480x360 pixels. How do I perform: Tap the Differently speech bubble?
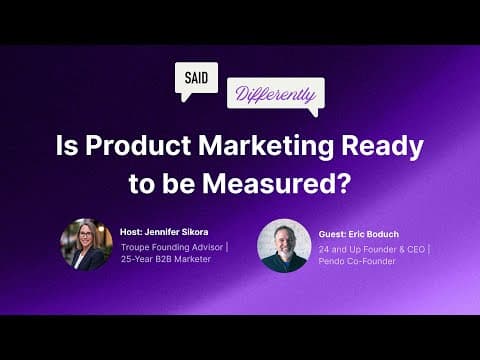click(x=275, y=96)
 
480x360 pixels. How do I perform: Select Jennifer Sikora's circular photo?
click(x=86, y=245)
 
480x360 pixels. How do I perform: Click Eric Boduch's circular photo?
click(x=284, y=246)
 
